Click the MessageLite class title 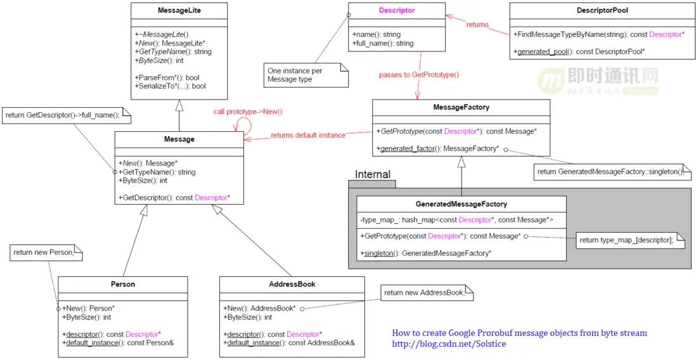coord(179,11)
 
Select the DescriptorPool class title coord(602,11)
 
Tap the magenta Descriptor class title coord(397,11)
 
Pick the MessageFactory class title coord(461,107)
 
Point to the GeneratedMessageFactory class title coord(461,204)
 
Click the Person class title coord(122,284)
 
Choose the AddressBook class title coord(292,284)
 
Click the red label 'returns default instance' coord(308,135)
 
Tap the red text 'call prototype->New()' coord(248,112)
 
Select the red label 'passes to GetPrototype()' coord(419,75)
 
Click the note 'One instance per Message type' coord(295,75)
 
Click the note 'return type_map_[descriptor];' coord(626,240)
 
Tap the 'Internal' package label coord(373,174)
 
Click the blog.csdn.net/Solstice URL coord(449,344)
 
